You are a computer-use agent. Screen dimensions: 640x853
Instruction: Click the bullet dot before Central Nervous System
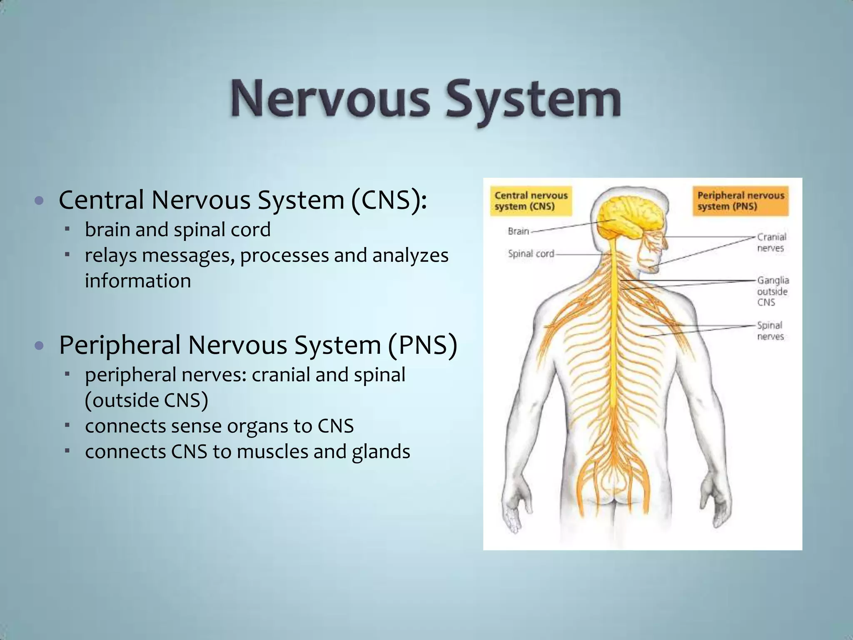(x=39, y=200)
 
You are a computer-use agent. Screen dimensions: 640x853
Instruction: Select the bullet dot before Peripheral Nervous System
(x=39, y=345)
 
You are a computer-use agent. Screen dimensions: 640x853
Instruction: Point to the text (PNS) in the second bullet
(x=422, y=345)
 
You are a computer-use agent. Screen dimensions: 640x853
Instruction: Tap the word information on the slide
(x=138, y=281)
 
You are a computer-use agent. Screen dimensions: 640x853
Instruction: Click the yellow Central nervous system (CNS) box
(x=531, y=201)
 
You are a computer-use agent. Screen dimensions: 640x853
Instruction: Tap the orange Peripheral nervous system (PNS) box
(x=741, y=201)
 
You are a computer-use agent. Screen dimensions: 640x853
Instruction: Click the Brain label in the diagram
(x=518, y=231)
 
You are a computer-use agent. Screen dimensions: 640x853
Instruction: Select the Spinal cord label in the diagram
(x=531, y=254)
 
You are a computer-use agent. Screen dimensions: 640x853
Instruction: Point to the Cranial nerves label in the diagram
(x=771, y=242)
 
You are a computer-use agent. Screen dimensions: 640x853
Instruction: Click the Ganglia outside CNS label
(x=773, y=291)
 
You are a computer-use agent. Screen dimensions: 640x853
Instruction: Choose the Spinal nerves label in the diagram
(x=770, y=331)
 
